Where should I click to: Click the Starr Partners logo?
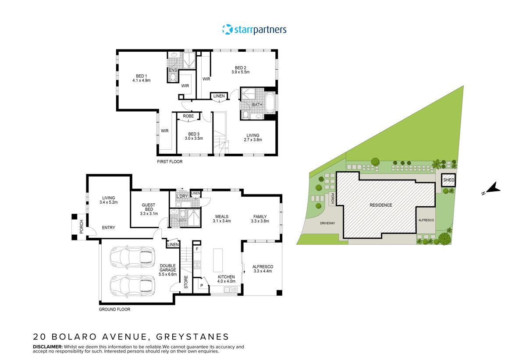coord(254,30)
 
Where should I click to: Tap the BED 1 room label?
coord(141,76)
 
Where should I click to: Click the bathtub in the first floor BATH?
coord(270,104)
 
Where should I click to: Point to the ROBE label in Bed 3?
coord(188,116)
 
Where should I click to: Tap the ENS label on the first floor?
coord(173,70)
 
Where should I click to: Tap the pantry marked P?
coord(201,285)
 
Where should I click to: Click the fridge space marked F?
coord(197,249)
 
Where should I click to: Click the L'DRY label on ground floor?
coord(181,196)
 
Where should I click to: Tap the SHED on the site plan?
coord(449,180)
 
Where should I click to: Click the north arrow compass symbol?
coord(493,189)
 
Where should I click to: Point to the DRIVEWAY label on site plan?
coord(327,223)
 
